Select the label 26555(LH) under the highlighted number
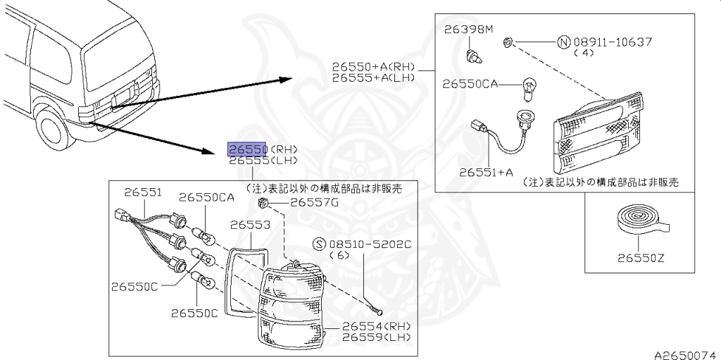point(263,161)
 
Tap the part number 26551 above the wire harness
point(143,192)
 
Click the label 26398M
point(470,30)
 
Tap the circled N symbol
point(563,42)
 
